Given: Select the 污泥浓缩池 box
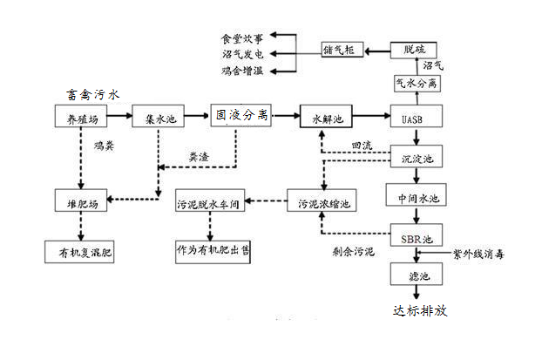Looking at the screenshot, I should pyautogui.click(x=322, y=203).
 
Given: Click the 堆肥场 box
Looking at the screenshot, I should pyautogui.click(x=81, y=203).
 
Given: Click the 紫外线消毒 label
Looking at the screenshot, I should pyautogui.click(x=478, y=255).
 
